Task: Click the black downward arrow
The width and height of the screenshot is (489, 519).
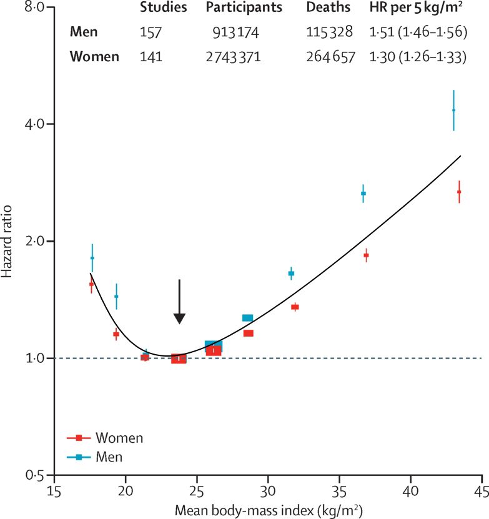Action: point(179,302)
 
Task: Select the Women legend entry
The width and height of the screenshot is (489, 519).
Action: point(119,438)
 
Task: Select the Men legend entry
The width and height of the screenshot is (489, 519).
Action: point(109,457)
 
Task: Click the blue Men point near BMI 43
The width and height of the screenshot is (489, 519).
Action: point(454,111)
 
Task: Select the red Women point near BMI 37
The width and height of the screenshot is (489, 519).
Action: point(367,255)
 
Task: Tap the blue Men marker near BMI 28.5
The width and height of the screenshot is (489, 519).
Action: point(247,318)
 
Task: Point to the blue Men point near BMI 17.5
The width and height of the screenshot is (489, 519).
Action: point(92,258)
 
